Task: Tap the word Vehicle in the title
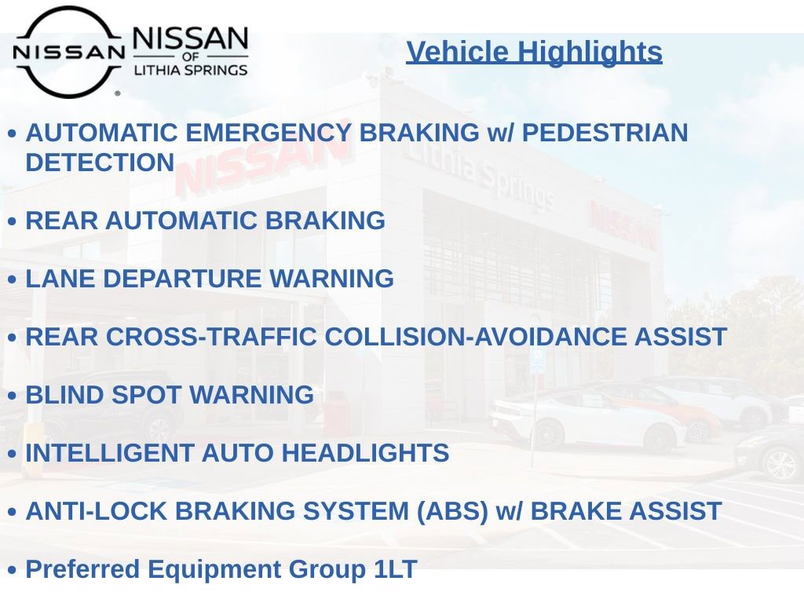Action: [458, 52]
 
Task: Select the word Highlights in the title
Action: [590, 53]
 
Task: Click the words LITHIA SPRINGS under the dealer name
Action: [191, 70]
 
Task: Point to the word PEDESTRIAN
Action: [605, 133]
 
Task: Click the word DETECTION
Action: [100, 163]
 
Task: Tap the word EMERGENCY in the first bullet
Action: [269, 133]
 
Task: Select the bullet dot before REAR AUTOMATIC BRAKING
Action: [13, 221]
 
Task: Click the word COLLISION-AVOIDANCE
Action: [475, 337]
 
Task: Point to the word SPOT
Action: [146, 396]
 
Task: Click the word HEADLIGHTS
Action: [365, 453]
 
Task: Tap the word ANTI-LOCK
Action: [97, 511]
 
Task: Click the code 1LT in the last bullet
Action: [396, 570]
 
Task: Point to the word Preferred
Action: [82, 570]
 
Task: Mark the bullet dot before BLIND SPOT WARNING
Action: [13, 397]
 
